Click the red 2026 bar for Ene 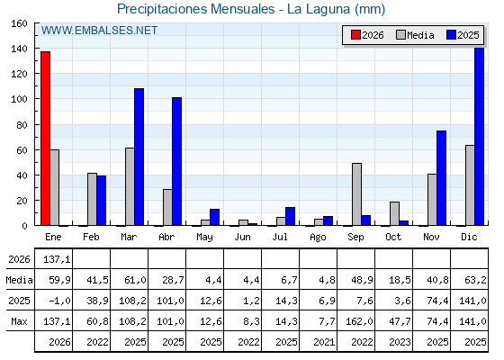(x=45, y=139)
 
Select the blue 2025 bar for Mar (x=139, y=157)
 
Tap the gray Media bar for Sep (x=356, y=194)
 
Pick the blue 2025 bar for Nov (x=442, y=178)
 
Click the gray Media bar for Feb (x=92, y=199)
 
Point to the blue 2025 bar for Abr (x=176, y=161)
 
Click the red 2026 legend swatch (x=355, y=35)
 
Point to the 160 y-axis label (x=20, y=23)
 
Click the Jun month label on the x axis (x=242, y=238)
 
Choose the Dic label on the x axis (x=469, y=238)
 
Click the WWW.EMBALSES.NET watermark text (x=99, y=31)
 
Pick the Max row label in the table (x=19, y=321)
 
